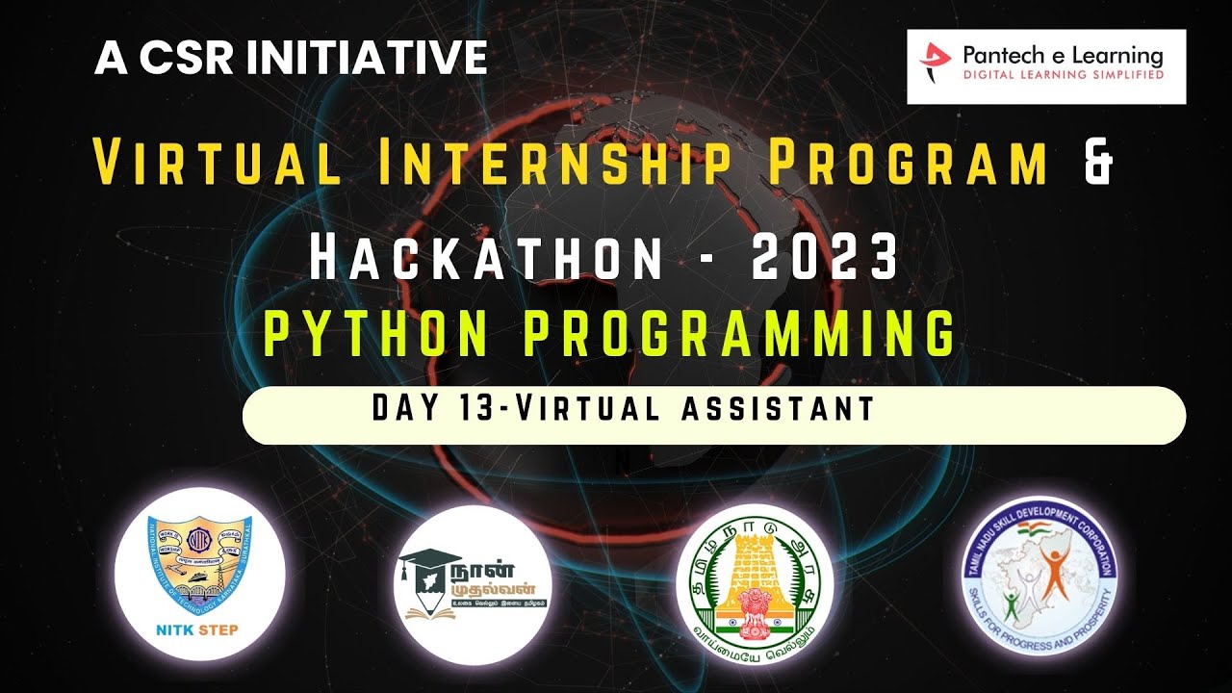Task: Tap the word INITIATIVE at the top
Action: (368, 59)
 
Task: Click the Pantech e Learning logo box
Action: (1046, 66)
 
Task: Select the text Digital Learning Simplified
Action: (1063, 75)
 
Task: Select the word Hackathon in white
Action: (486, 258)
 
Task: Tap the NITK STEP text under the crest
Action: (196, 631)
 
